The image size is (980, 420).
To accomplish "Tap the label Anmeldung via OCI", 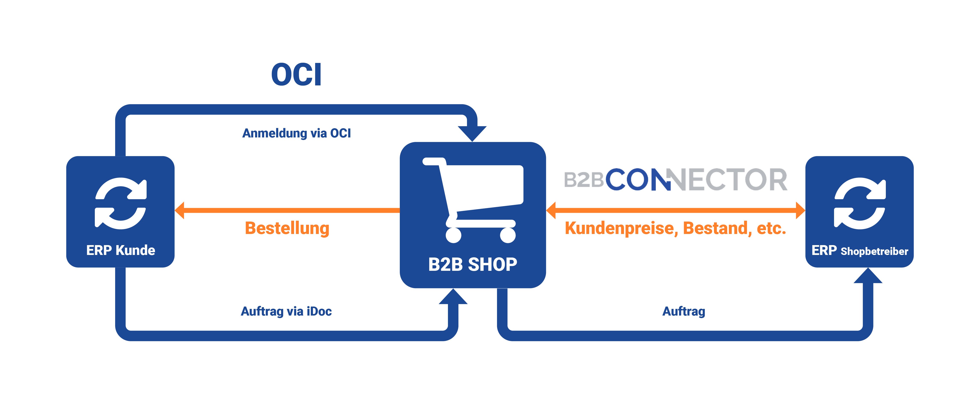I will click(296, 133).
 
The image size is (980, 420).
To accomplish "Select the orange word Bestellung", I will click(287, 228).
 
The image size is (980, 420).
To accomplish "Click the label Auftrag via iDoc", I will click(286, 311).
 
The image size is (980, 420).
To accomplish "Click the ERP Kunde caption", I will click(120, 250).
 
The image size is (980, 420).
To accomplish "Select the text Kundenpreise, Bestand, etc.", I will click(675, 228).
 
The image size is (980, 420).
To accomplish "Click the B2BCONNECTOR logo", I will click(675, 180).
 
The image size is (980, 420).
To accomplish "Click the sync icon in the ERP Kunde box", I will click(120, 204).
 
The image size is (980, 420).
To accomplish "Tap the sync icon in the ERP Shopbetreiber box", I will click(860, 204).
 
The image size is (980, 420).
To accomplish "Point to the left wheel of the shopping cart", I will click(454, 235).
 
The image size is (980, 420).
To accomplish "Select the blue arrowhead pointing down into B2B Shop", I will click(472, 133).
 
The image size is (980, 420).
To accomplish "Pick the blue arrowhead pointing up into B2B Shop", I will click(453, 297).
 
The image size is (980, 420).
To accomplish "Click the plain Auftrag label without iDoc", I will click(684, 311).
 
